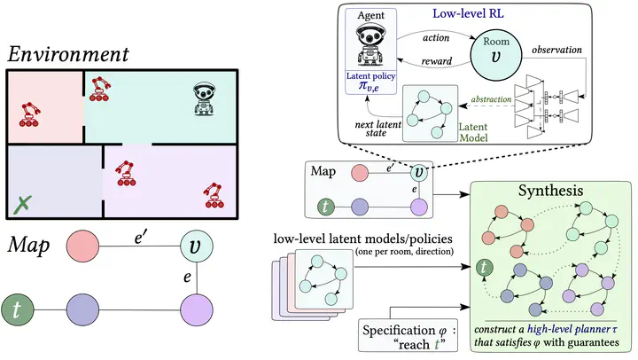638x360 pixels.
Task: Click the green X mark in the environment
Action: [24, 206]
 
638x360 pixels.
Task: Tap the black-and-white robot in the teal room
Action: [206, 98]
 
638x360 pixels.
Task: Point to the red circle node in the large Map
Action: [82, 245]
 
